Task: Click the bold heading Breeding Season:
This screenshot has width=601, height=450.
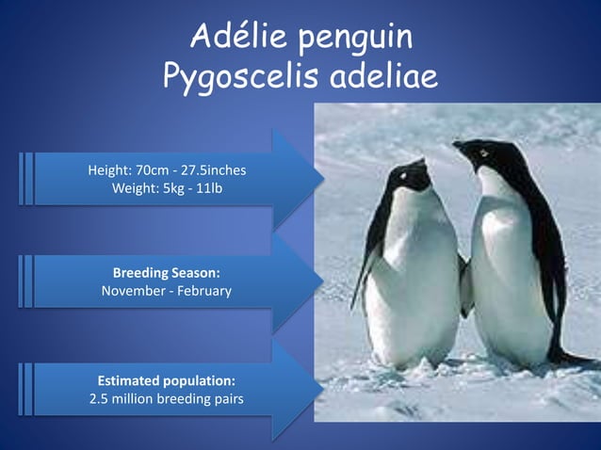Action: coord(167,273)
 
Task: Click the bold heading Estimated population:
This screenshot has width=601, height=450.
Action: coord(167,380)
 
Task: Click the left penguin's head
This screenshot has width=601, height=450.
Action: coord(412,175)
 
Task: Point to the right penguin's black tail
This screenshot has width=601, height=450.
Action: coord(575,359)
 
